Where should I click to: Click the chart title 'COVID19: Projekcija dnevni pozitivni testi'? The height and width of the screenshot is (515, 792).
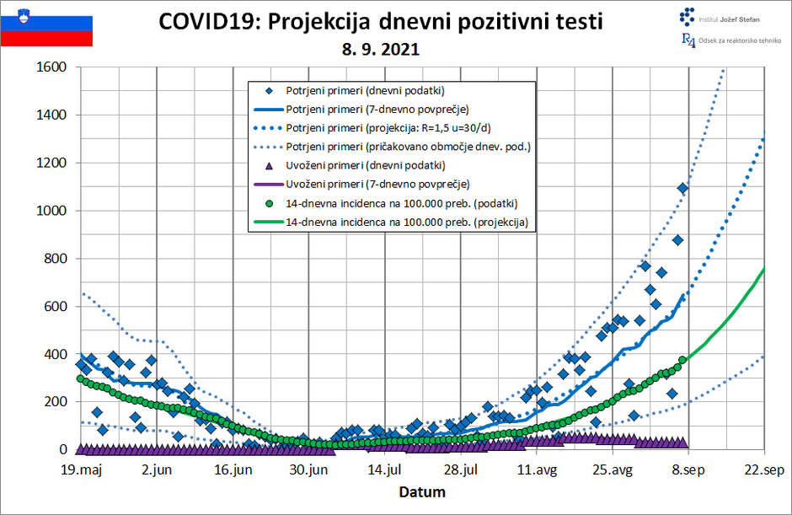(x=381, y=22)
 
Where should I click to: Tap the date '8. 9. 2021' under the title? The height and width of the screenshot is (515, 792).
(x=381, y=50)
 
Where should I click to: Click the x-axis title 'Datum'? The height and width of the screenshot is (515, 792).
(x=422, y=491)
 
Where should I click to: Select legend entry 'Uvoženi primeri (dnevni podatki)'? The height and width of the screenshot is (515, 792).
(x=366, y=165)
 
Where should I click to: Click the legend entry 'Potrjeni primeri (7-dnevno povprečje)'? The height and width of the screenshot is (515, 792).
(x=377, y=110)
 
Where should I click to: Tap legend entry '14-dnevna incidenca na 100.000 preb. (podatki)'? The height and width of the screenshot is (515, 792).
(x=401, y=203)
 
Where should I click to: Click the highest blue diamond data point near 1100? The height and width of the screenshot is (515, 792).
(x=682, y=188)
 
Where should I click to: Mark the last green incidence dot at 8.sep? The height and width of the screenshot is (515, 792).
(x=682, y=360)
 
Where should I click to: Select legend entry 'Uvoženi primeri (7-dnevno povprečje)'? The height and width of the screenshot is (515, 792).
(x=377, y=184)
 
